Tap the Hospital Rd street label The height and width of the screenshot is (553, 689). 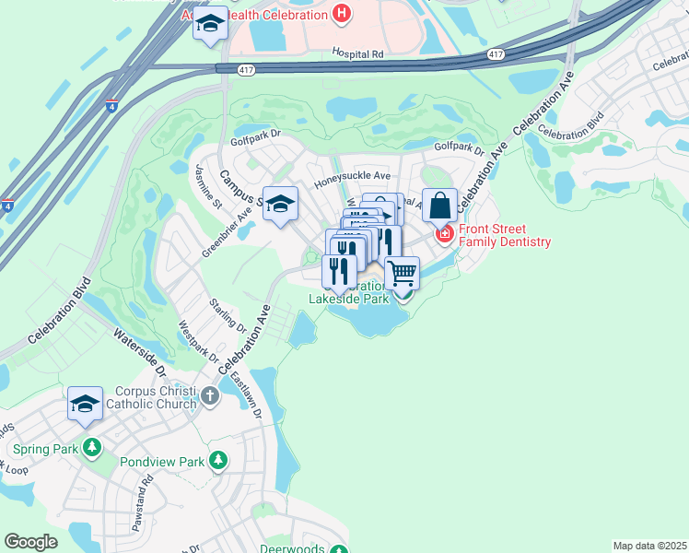point(357,54)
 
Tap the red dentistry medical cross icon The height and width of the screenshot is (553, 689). point(444,235)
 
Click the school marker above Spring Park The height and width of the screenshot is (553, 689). point(85,404)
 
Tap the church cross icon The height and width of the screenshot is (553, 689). point(210,397)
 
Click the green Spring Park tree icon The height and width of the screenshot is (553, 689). point(91,448)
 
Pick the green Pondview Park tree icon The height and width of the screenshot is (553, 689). point(218,459)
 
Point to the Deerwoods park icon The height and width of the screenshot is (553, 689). point(339,550)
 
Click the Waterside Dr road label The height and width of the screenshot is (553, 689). point(139,353)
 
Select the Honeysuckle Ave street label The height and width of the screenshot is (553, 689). point(353,175)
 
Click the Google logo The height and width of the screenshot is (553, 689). point(30,542)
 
